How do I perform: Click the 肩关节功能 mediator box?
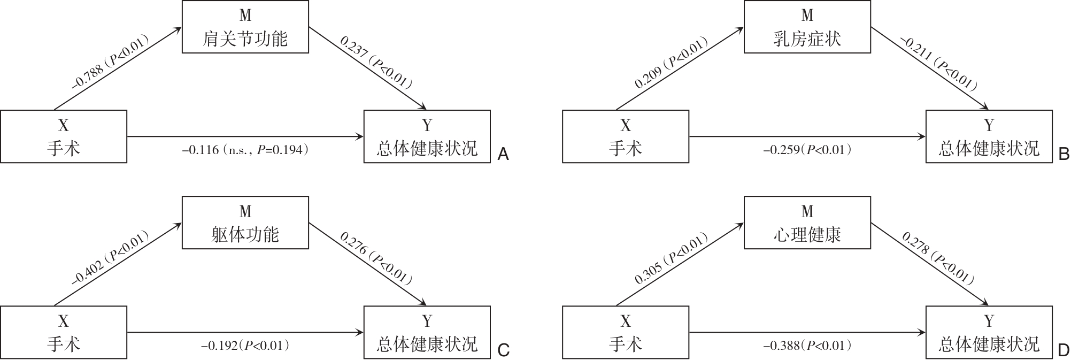245,27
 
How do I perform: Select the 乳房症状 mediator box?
807,27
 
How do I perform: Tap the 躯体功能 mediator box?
245,223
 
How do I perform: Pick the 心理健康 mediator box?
807,223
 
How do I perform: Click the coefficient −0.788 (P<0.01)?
110,62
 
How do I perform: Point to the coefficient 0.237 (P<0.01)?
376,62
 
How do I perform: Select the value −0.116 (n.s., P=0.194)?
245,150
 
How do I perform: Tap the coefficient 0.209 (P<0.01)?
672,63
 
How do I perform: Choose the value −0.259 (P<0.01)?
807,150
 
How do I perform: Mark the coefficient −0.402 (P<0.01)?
110,258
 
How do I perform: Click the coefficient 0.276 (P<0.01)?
376,258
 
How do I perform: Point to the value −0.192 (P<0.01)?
245,346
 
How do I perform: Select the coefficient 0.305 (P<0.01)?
672,259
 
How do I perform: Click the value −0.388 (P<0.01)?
807,346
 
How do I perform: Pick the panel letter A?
503,155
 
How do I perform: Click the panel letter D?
1064,351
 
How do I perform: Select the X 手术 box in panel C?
64,332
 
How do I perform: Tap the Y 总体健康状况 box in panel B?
989,136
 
